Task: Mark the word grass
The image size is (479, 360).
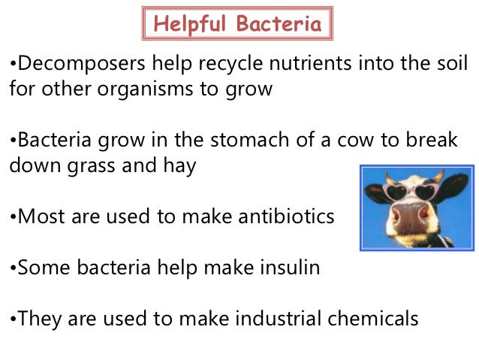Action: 95,166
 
